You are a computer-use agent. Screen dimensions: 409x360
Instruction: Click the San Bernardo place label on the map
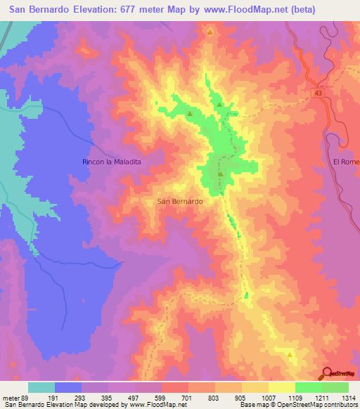click(x=180, y=201)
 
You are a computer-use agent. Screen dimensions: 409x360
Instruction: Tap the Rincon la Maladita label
click(x=112, y=162)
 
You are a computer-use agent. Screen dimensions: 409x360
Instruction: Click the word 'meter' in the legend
click(x=9, y=398)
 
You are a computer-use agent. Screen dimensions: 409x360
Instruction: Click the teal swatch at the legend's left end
click(x=41, y=387)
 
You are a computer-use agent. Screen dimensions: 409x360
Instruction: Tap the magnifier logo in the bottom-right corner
click(x=328, y=373)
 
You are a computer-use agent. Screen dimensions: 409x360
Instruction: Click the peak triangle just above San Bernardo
click(x=220, y=174)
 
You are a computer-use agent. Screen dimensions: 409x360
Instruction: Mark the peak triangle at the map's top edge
click(x=210, y=32)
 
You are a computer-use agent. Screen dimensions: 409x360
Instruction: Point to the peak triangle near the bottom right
click(x=290, y=356)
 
